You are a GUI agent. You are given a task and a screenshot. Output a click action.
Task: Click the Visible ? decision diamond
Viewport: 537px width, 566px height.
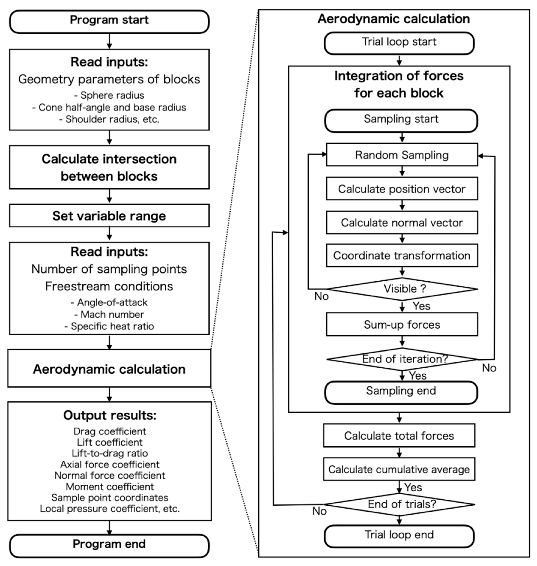tap(402, 289)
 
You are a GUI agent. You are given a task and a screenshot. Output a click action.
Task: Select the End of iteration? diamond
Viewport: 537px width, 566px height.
tap(402, 359)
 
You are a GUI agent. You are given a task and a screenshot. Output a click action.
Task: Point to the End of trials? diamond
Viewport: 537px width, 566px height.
tap(399, 504)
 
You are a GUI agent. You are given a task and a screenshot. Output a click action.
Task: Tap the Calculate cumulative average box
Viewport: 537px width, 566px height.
tap(399, 469)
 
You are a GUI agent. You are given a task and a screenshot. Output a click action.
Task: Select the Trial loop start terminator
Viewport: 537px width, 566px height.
tap(399, 43)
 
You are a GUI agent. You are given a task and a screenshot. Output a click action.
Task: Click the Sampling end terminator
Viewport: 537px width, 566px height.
tap(401, 392)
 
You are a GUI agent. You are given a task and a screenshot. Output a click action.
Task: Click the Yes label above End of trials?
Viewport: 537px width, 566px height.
tap(413, 487)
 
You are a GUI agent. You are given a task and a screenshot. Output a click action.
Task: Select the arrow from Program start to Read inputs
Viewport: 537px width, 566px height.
tap(109, 41)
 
